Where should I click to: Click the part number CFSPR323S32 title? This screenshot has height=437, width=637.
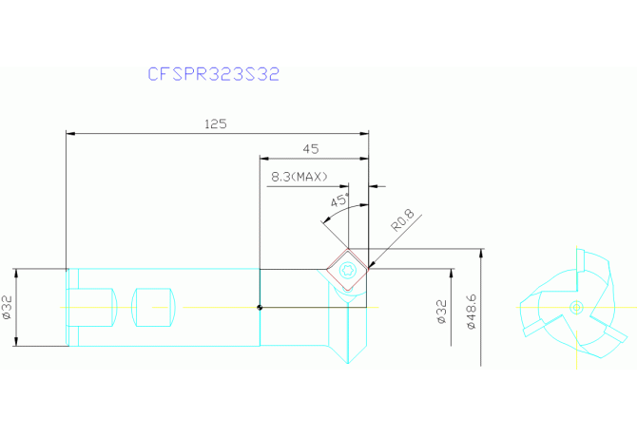point(213,74)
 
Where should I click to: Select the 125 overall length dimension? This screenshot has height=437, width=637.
point(217,124)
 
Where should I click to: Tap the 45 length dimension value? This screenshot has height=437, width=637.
point(310,148)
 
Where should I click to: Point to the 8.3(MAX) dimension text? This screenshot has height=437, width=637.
point(299,177)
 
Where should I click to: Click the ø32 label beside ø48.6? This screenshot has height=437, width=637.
point(440,310)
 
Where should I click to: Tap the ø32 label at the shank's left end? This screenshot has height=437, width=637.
point(8,308)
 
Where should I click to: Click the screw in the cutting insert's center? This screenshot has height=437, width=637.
point(348,270)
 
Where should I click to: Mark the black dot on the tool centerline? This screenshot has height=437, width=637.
point(260,307)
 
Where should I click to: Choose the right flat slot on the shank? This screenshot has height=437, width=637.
point(156,306)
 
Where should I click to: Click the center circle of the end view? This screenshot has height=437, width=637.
point(575,306)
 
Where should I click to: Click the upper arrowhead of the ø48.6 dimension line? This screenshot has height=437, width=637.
point(482,252)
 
